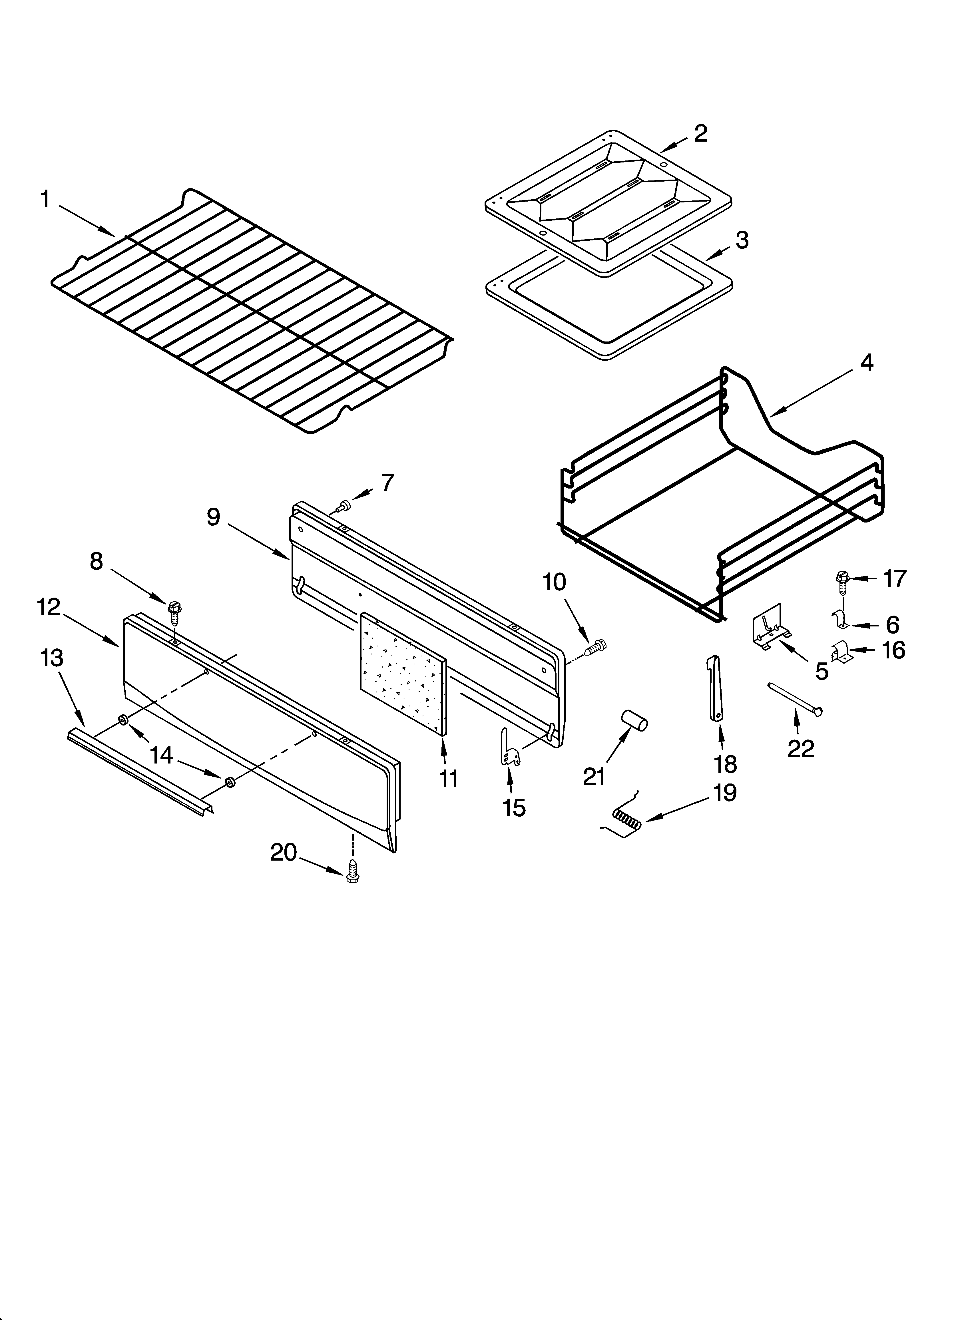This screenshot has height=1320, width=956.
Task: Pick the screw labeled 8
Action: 174,611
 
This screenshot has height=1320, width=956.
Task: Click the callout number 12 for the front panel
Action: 49,607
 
